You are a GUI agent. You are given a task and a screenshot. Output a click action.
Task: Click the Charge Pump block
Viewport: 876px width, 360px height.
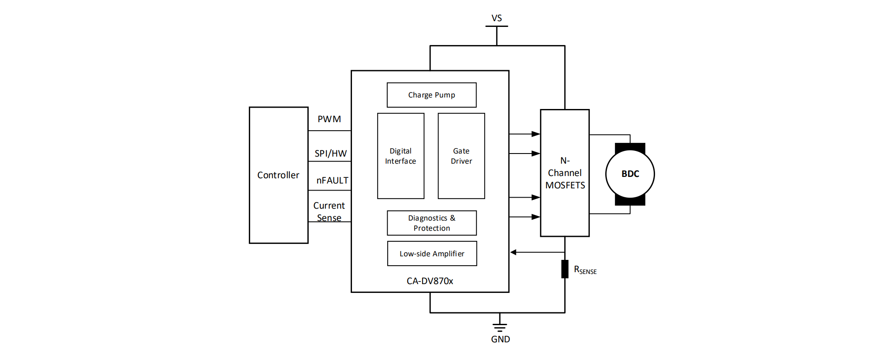[431, 95]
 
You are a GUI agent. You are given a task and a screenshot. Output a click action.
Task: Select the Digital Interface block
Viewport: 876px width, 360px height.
[401, 156]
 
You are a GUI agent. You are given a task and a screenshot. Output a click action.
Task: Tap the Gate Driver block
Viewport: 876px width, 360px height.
[461, 156]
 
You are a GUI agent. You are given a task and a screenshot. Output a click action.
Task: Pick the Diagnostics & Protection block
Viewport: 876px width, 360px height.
[431, 223]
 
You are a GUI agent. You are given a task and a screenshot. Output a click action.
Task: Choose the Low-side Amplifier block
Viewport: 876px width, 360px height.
[432, 253]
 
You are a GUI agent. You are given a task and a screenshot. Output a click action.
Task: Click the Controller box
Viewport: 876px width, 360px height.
[278, 175]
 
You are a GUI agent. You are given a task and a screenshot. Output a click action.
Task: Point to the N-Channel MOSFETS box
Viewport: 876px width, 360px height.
[565, 173]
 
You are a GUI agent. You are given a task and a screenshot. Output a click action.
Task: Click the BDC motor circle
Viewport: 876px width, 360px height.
[630, 174]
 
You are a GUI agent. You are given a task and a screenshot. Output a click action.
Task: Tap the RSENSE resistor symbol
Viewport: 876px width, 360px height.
[565, 269]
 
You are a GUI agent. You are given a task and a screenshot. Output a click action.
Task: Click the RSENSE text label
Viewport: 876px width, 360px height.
[585, 270]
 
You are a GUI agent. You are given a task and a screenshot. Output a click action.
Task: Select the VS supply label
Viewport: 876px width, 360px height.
[497, 18]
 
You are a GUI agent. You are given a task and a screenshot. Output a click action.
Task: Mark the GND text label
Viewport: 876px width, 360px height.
[500, 339]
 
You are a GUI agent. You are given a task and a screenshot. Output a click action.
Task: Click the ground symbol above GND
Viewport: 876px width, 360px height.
[500, 327]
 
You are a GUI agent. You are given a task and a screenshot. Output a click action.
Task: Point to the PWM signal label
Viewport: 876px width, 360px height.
[329, 119]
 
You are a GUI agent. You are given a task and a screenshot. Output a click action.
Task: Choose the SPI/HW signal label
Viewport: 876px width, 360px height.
[330, 154]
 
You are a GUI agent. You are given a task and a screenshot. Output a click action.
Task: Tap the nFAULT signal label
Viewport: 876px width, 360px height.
[332, 180]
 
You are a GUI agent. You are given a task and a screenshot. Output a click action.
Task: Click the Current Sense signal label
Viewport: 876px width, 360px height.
[329, 212]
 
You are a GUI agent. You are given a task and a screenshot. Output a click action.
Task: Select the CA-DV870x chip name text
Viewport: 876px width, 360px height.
[430, 281]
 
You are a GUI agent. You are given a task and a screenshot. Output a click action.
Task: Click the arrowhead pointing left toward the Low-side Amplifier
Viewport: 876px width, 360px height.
[513, 252]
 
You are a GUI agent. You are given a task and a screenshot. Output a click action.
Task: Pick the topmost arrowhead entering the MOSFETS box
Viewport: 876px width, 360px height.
[536, 134]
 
